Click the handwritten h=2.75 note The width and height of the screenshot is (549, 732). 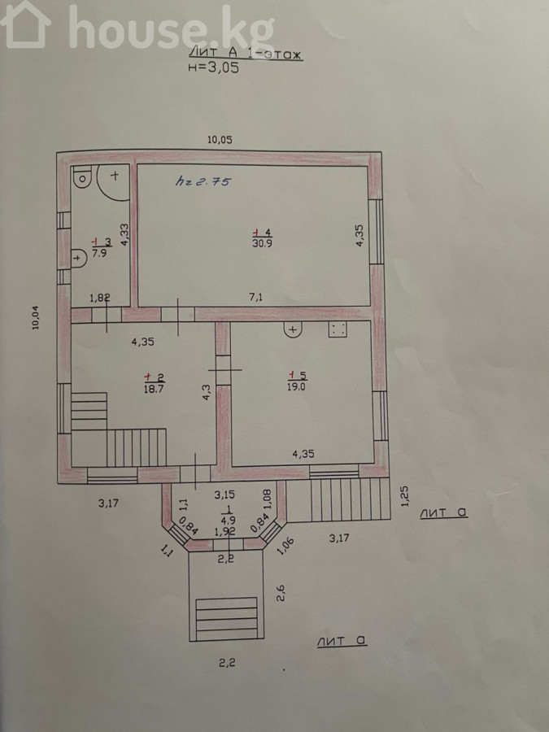click(x=203, y=181)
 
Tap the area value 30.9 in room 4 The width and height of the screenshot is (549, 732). click(x=263, y=243)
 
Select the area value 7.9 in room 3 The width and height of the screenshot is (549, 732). click(x=100, y=254)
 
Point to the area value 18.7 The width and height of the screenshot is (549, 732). click(x=153, y=389)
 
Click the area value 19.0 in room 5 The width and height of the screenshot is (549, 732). click(x=296, y=386)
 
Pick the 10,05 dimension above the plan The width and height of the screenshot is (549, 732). click(x=220, y=140)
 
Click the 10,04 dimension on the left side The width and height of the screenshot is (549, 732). click(x=36, y=317)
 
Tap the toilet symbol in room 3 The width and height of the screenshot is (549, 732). click(x=82, y=177)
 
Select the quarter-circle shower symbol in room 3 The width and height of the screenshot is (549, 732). click(x=113, y=182)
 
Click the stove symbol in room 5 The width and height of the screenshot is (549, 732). click(x=338, y=329)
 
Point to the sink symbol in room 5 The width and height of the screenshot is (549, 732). click(x=293, y=329)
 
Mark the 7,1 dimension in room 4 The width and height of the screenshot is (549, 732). click(x=256, y=296)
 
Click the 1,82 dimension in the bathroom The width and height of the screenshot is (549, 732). click(x=99, y=298)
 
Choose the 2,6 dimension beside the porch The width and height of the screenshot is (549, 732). click(x=281, y=593)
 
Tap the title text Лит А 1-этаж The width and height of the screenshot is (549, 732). click(x=245, y=54)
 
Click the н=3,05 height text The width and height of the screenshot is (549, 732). click(x=213, y=68)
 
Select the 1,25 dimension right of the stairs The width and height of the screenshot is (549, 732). click(x=404, y=496)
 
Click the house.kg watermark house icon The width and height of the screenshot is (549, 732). click(x=26, y=24)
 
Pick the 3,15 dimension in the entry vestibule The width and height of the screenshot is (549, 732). click(x=224, y=495)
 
